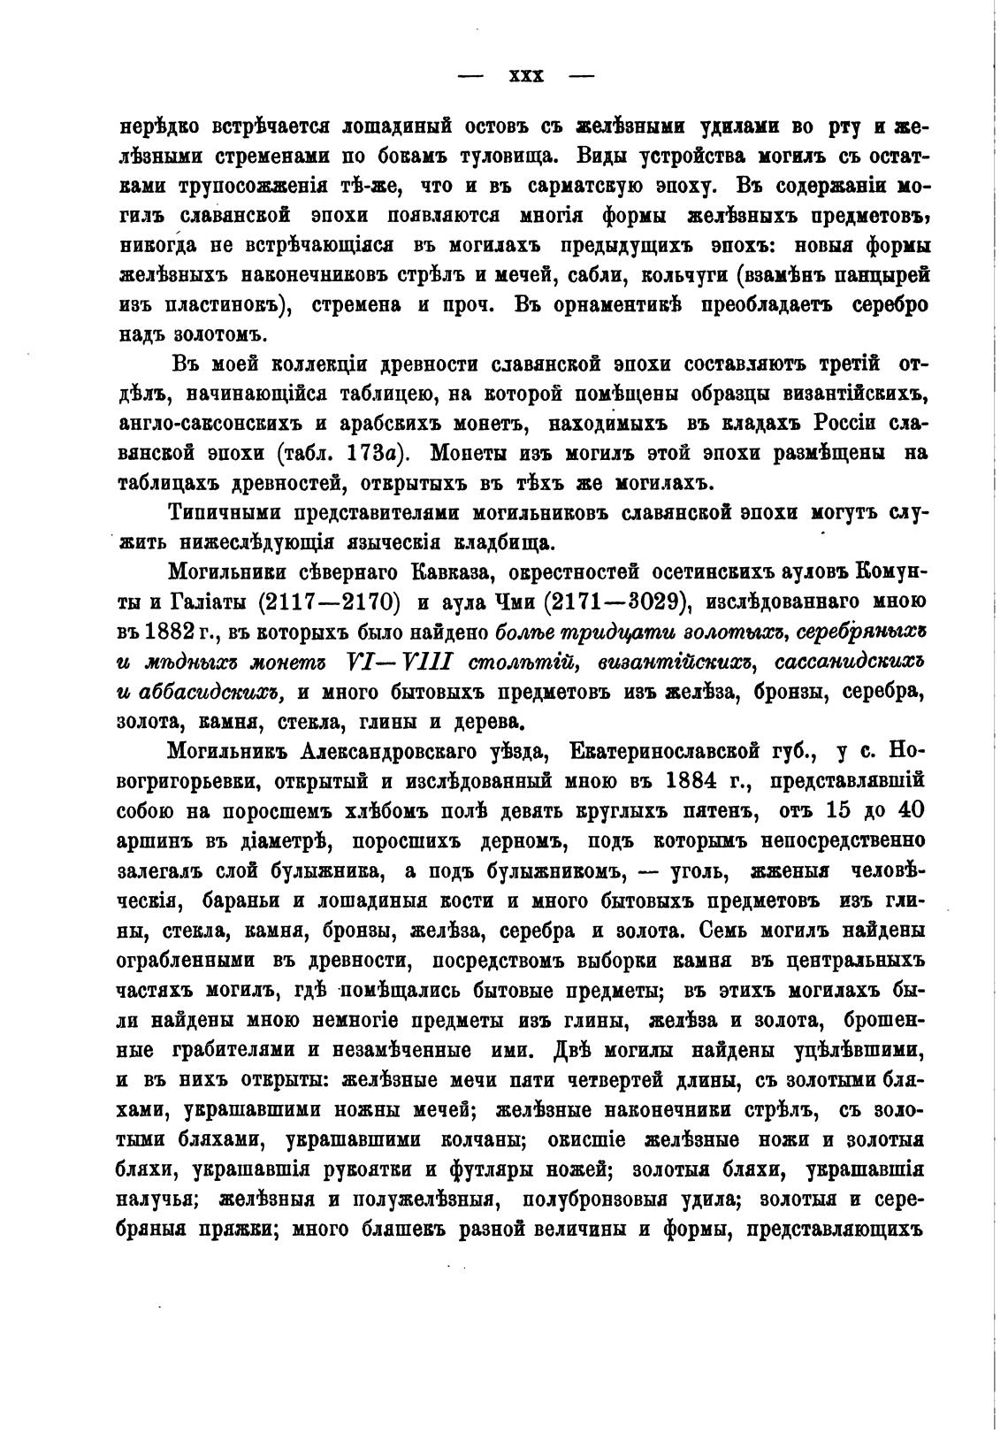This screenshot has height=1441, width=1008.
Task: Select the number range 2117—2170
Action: click(329, 602)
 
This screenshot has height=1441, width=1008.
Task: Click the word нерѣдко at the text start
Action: click(158, 126)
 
